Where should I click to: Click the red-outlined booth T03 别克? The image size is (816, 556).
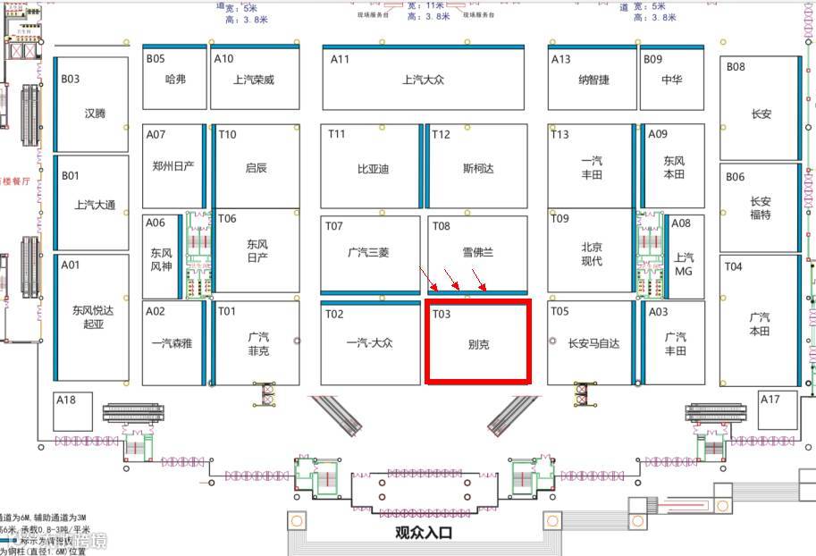point(478,342)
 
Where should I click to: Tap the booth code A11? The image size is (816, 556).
point(340,59)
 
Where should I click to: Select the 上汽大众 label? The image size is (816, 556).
point(423,80)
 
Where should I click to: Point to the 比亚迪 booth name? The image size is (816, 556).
point(373,168)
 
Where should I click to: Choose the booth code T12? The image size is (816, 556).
point(441,135)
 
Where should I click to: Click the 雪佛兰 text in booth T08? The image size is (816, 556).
point(478,253)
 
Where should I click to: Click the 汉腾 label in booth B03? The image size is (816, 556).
point(95,114)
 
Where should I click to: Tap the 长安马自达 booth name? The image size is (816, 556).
point(593,343)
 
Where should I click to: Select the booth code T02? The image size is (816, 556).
point(333,314)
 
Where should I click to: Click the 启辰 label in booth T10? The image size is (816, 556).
point(257,167)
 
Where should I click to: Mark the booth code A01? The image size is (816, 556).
point(71,265)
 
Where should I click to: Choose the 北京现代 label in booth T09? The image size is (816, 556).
point(592,254)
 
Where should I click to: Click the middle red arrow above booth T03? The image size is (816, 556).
point(455,285)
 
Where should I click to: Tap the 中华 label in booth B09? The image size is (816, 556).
point(672,80)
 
